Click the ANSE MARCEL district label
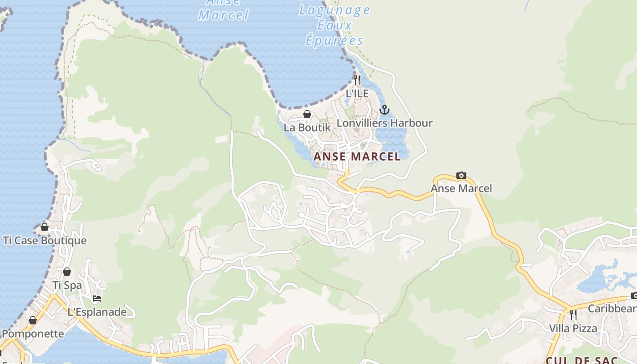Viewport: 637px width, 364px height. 357,157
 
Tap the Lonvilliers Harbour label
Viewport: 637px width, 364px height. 384,123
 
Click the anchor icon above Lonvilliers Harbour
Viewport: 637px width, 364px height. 384,110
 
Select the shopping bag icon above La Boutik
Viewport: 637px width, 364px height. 307,114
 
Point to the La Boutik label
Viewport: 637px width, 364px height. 307,127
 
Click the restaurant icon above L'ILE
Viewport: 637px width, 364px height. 357,80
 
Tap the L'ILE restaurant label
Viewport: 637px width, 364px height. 357,93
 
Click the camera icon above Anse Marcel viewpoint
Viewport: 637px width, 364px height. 461,175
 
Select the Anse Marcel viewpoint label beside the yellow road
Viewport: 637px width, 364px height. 461,188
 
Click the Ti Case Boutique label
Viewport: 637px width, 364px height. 45,240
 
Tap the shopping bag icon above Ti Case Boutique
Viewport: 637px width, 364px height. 45,227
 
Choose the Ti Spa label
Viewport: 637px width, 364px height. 67,285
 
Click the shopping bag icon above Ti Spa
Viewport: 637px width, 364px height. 67,272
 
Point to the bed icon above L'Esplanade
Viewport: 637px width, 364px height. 96,299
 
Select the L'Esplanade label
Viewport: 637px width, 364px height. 96,312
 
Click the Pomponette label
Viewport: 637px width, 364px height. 33,334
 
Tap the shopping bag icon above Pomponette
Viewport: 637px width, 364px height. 33,321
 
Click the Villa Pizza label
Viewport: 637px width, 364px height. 573,328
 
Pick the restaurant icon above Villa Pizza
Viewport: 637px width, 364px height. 573,314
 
